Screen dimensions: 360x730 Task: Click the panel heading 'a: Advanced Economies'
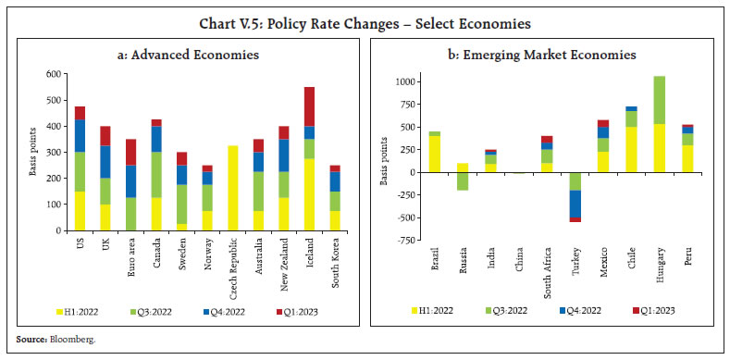188,56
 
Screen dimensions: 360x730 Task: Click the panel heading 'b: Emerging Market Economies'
542,56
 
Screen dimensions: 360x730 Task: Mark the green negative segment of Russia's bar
463,180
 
